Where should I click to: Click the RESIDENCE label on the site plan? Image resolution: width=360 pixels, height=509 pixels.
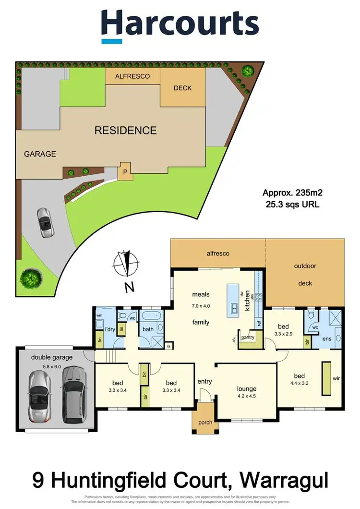click(125, 130)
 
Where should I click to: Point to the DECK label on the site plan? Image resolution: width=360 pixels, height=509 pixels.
click(182, 88)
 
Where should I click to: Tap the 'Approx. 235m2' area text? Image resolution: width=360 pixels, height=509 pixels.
click(292, 193)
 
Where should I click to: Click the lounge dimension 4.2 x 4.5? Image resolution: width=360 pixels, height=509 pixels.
click(246, 397)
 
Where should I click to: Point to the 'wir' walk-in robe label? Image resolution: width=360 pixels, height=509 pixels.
click(336, 378)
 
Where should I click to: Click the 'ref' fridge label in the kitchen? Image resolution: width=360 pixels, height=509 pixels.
click(258, 323)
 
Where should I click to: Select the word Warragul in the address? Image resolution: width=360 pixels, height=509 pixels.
click(283, 479)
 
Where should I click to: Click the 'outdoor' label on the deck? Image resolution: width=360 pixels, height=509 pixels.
click(305, 266)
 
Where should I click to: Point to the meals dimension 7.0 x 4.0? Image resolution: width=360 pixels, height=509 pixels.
click(201, 305)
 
